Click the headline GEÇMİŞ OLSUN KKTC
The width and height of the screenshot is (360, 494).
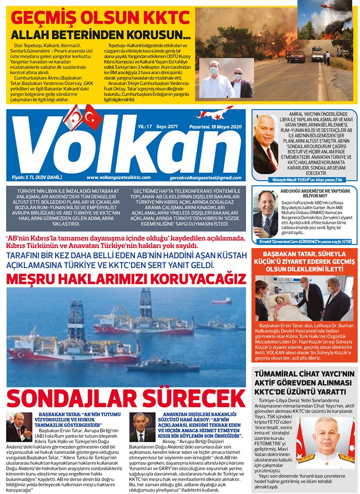[x=100, y=19]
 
